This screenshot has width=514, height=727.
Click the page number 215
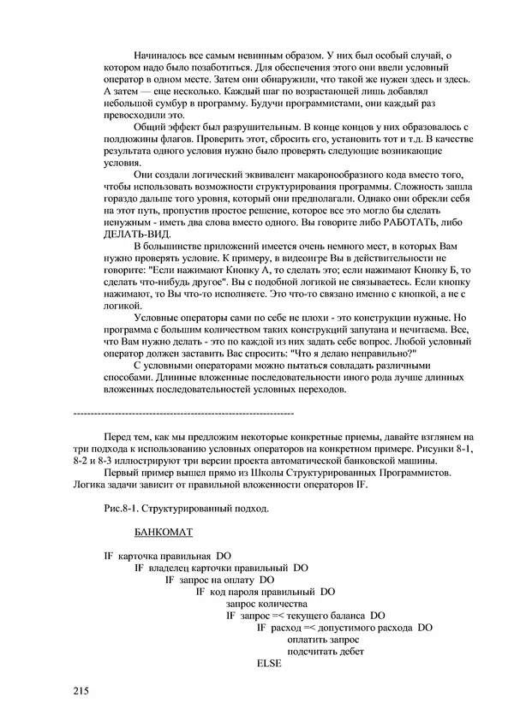(x=81, y=690)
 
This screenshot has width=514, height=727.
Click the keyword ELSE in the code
(x=269, y=663)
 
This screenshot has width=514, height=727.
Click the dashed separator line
(x=184, y=414)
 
